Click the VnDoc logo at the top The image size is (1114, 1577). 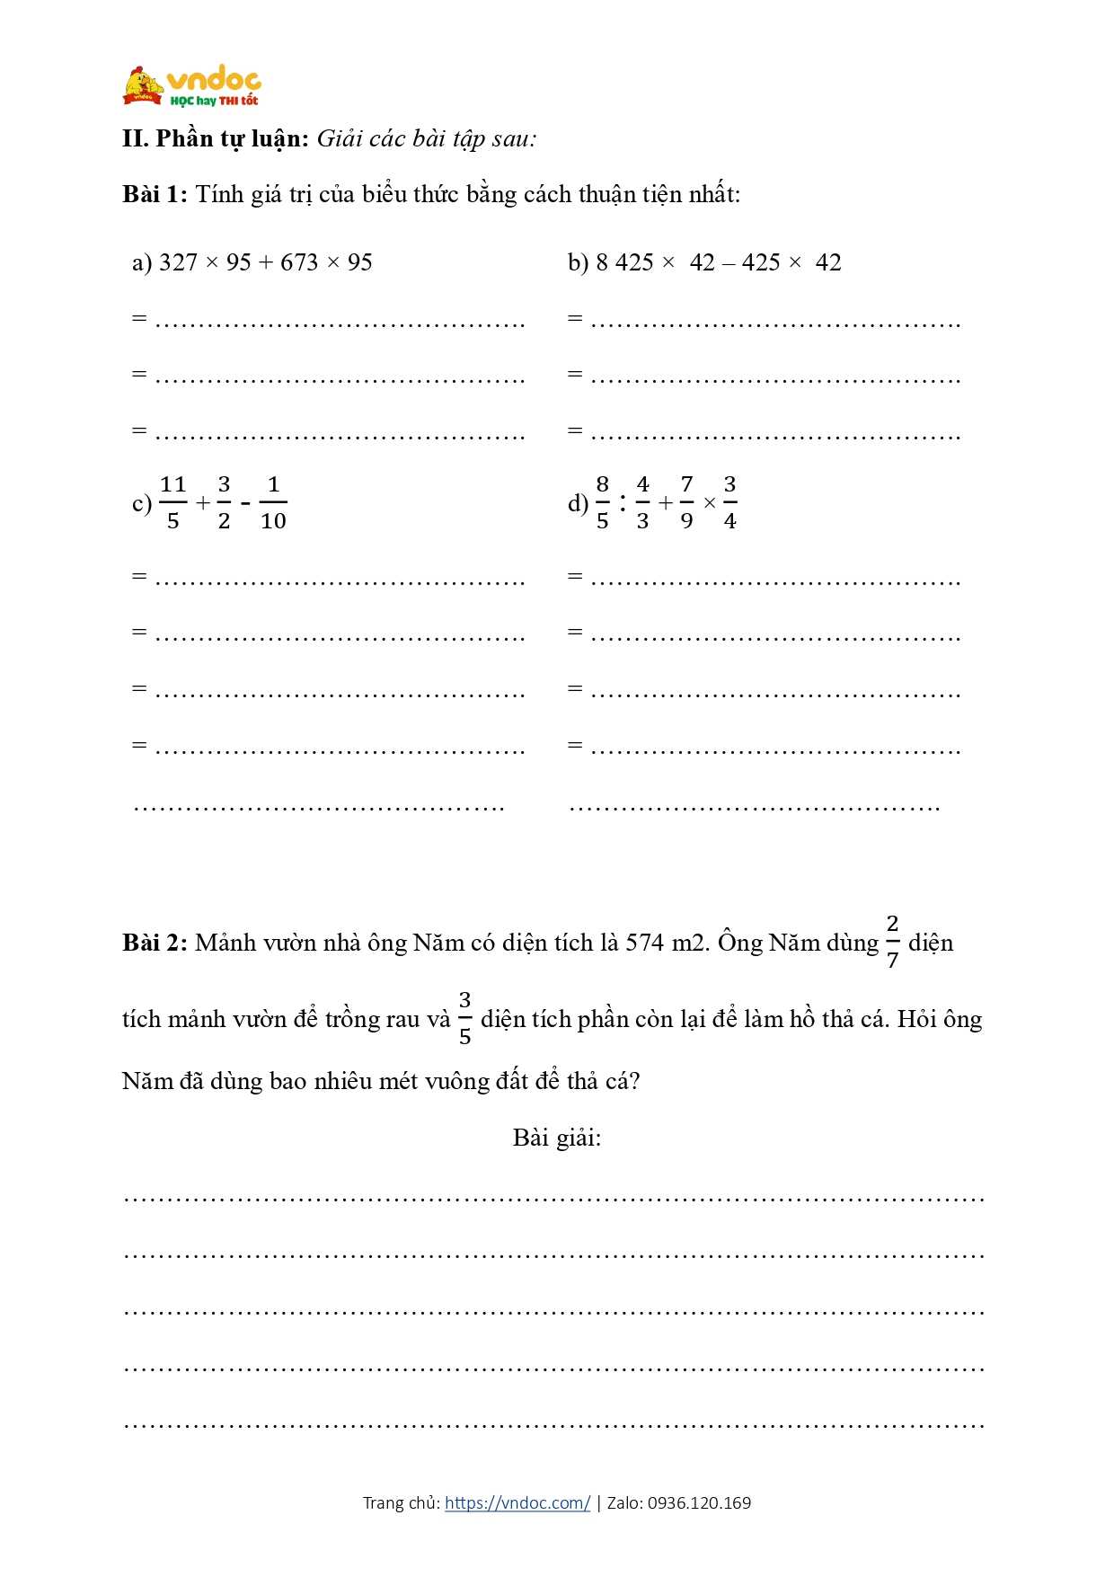[x=191, y=86]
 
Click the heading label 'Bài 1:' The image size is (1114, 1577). [x=155, y=194]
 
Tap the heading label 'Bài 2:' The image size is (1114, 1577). [x=155, y=943]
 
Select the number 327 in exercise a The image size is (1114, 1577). [x=178, y=262]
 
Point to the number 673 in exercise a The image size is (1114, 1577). [x=299, y=262]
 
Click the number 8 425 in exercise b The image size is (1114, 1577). [x=624, y=262]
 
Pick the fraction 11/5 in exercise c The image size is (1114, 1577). [x=172, y=502]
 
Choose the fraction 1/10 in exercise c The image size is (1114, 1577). [x=273, y=502]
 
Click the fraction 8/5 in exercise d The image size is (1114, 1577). [x=602, y=502]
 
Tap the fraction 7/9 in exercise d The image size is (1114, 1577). [x=686, y=502]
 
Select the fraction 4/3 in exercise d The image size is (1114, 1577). [x=642, y=502]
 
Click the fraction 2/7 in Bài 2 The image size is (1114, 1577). [x=892, y=942]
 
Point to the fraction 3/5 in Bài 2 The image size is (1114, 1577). [x=464, y=1018]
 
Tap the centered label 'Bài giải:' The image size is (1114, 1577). [x=557, y=1138]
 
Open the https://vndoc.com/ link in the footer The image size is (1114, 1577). [x=517, y=1502]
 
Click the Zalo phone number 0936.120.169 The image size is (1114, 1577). [x=699, y=1502]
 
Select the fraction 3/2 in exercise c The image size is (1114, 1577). [x=224, y=502]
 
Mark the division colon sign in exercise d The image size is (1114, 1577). [x=622, y=502]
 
